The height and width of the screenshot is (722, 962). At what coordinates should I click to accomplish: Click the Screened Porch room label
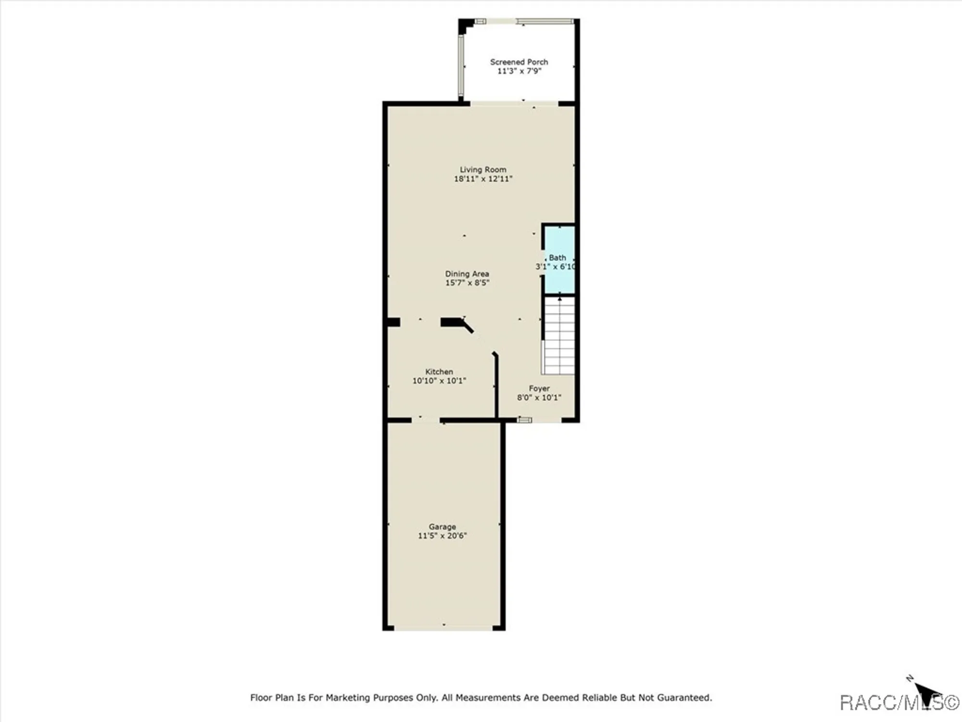click(x=519, y=62)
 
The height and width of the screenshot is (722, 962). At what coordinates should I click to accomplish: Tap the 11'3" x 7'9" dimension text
click(x=519, y=71)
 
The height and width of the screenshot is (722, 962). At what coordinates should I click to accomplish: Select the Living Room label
click(x=483, y=169)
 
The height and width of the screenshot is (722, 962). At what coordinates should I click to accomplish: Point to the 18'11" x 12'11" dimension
click(x=483, y=179)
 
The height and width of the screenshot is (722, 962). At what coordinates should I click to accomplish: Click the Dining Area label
click(x=467, y=274)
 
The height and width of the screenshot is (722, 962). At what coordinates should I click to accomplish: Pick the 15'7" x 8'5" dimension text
click(x=467, y=283)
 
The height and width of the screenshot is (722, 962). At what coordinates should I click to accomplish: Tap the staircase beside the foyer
click(x=559, y=337)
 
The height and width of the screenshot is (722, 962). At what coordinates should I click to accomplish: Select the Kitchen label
click(x=439, y=372)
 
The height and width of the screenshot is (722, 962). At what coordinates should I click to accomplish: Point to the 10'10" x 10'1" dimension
click(x=439, y=381)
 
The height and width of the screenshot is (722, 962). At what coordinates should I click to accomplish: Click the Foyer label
click(x=539, y=388)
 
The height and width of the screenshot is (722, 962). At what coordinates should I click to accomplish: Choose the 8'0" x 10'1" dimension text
click(x=539, y=398)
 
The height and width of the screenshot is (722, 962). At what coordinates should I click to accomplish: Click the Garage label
click(x=442, y=527)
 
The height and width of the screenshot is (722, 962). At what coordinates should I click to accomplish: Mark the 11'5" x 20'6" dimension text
click(x=442, y=536)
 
